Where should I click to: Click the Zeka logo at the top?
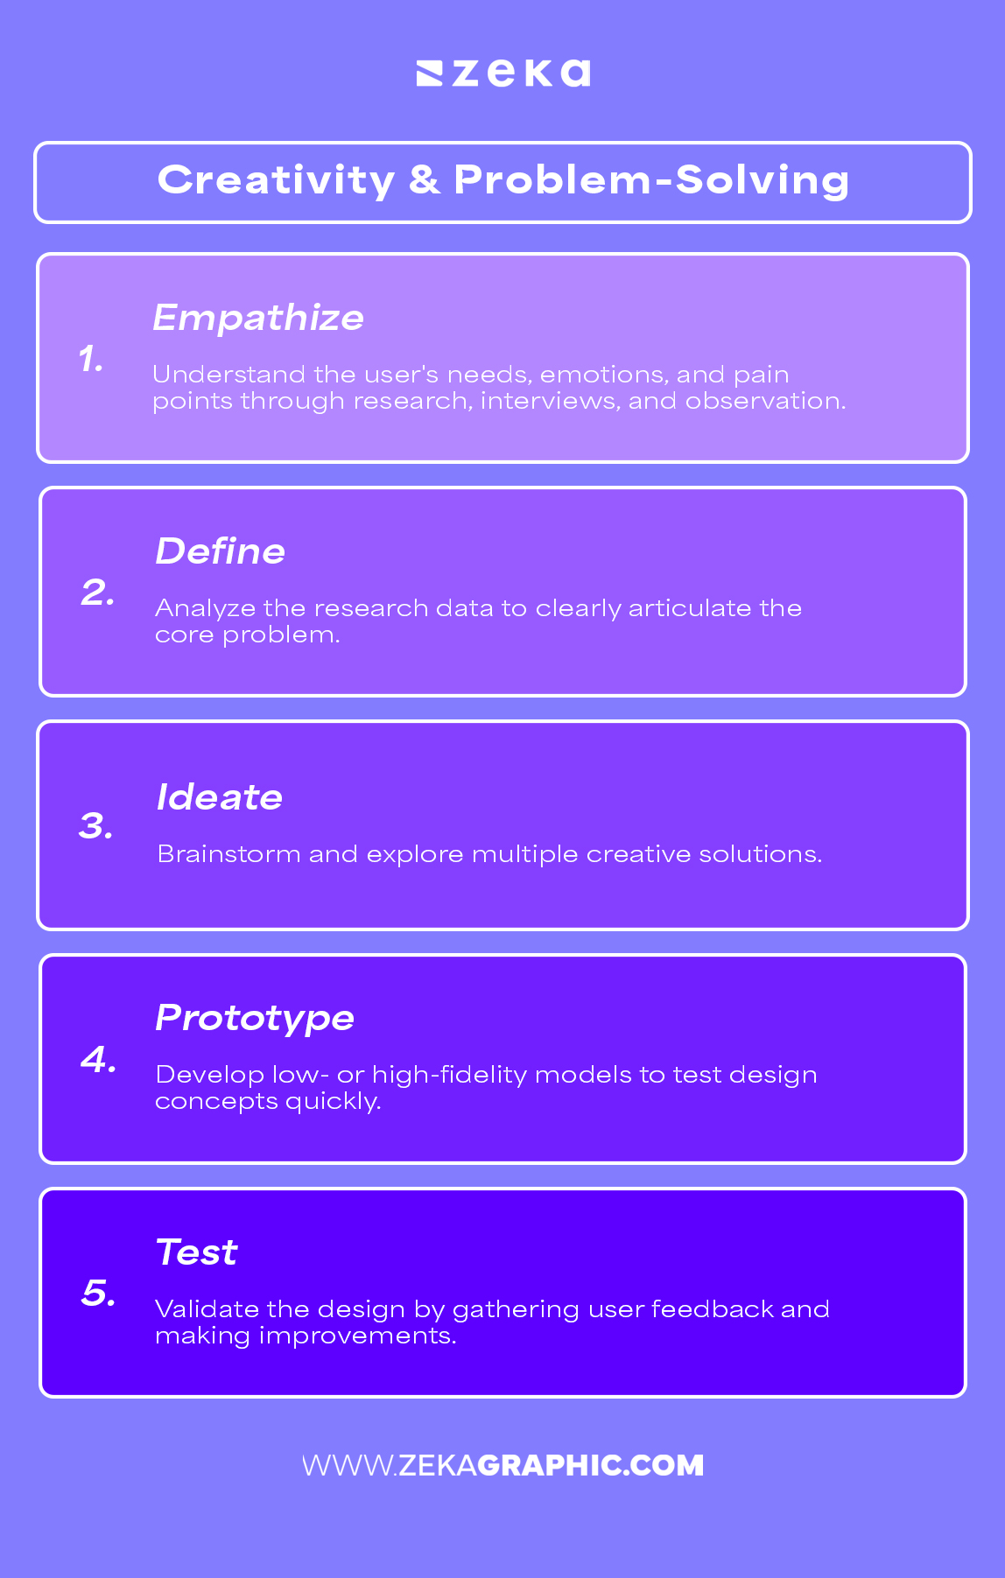tap(503, 73)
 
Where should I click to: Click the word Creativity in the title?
tap(276, 181)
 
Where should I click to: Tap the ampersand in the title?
tap(424, 180)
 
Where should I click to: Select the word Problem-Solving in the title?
tap(651, 180)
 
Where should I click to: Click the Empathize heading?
tap(258, 318)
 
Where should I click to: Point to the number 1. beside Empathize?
tap(91, 359)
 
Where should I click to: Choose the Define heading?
tap(221, 551)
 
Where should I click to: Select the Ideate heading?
tap(220, 797)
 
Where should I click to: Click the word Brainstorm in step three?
tap(228, 854)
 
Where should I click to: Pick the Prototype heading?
tap(255, 1018)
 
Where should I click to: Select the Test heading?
tap(197, 1252)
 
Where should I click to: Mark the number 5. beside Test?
tap(99, 1294)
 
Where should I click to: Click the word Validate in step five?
tap(207, 1309)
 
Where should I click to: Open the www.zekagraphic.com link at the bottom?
tap(503, 1465)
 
